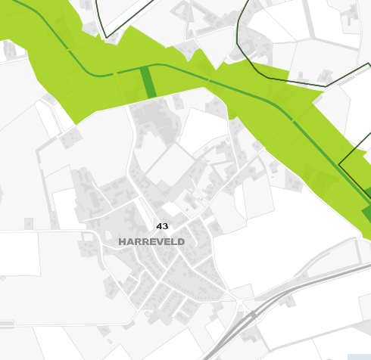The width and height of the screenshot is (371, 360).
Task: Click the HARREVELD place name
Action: point(151,241)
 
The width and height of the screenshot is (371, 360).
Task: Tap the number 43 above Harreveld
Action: point(162,226)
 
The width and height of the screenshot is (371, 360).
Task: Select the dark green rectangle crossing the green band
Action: point(148,82)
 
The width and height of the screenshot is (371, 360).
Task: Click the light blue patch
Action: point(358,356)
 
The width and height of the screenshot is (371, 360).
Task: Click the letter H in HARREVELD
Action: point(123,241)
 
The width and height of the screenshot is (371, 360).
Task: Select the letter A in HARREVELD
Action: point(130,241)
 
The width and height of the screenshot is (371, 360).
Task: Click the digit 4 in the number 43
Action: point(159,226)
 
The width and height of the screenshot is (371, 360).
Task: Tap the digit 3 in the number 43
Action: point(165,226)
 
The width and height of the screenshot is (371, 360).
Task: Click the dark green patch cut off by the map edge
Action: point(367,193)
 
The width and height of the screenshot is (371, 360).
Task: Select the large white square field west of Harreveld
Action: point(17,253)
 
